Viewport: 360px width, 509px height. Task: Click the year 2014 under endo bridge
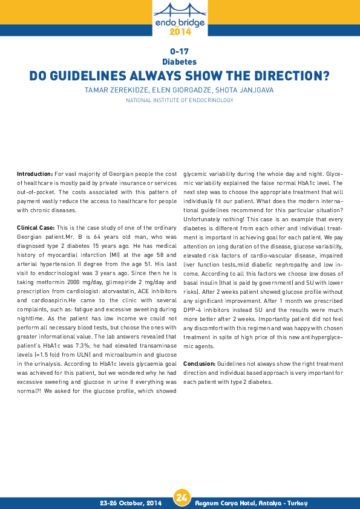coord(180,31)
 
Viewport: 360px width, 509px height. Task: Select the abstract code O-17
coord(180,52)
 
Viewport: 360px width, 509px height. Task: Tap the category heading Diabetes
coord(180,62)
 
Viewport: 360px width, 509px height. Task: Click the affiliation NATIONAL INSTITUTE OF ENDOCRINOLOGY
coord(180,100)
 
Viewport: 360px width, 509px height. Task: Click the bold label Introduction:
coord(34,173)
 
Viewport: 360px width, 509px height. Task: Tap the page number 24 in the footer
coord(180,498)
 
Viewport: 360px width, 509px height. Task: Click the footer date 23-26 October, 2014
coord(131,502)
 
